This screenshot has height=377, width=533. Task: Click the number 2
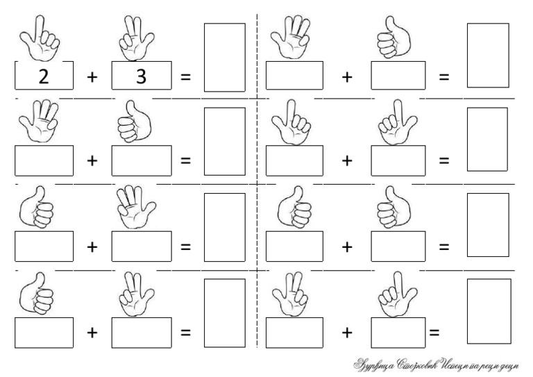(x=44, y=76)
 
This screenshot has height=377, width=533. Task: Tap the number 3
(x=141, y=76)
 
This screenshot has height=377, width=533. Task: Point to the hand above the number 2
(x=40, y=37)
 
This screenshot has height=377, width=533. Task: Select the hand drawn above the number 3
(x=136, y=39)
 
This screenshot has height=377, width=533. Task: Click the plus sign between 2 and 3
(x=92, y=76)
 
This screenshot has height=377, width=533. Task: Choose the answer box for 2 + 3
(x=224, y=58)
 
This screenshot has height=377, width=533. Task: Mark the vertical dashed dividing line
(x=257, y=181)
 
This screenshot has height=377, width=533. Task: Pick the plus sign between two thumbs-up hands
(x=347, y=246)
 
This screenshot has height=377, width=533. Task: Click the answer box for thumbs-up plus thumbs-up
(x=488, y=224)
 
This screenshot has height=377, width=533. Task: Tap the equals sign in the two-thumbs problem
(x=444, y=246)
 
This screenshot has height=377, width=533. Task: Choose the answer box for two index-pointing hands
(x=488, y=139)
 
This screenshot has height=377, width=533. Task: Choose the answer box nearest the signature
(x=489, y=310)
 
